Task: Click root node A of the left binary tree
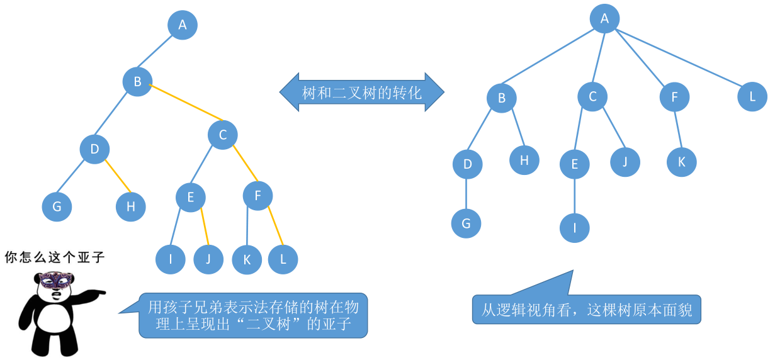click(183, 25)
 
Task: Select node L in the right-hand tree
click(752, 97)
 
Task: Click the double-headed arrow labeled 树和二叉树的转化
click(361, 93)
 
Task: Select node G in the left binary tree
click(57, 207)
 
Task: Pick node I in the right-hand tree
click(575, 228)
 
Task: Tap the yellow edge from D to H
click(118, 177)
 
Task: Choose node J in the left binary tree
click(208, 259)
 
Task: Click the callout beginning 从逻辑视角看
click(586, 310)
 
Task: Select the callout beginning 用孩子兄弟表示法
click(253, 316)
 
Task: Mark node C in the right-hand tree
click(592, 97)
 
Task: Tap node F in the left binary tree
click(258, 196)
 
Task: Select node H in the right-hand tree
click(524, 160)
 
